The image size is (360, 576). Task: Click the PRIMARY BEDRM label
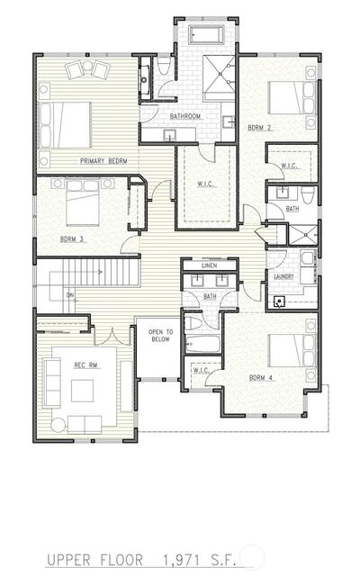(x=103, y=161)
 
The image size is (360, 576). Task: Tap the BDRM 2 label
(x=259, y=128)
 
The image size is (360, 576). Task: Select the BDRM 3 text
(x=72, y=239)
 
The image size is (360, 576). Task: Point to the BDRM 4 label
(x=261, y=378)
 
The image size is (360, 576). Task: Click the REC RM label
(x=85, y=365)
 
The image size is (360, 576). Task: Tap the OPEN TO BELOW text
(x=160, y=336)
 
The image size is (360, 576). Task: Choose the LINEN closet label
(x=210, y=265)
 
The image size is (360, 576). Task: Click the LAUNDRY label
(x=283, y=276)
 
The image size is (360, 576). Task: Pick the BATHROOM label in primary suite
(x=185, y=116)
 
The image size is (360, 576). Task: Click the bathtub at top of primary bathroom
(x=206, y=35)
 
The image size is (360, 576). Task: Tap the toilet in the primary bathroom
(x=163, y=66)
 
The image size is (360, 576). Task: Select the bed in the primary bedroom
(x=65, y=125)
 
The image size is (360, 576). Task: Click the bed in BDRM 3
(x=83, y=202)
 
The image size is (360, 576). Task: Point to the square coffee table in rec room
(x=82, y=391)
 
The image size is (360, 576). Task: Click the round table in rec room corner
(x=58, y=426)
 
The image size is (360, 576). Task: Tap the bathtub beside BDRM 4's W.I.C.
(x=203, y=344)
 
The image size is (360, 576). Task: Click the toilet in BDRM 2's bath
(x=307, y=195)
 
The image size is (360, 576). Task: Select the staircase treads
(x=101, y=272)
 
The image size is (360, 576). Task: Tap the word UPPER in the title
(x=68, y=560)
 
